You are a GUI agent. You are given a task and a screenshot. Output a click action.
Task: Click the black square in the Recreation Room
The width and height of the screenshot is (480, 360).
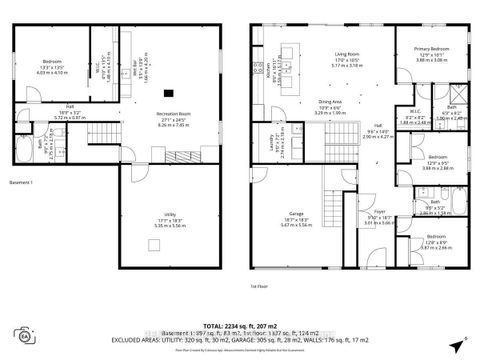point(167,93)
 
